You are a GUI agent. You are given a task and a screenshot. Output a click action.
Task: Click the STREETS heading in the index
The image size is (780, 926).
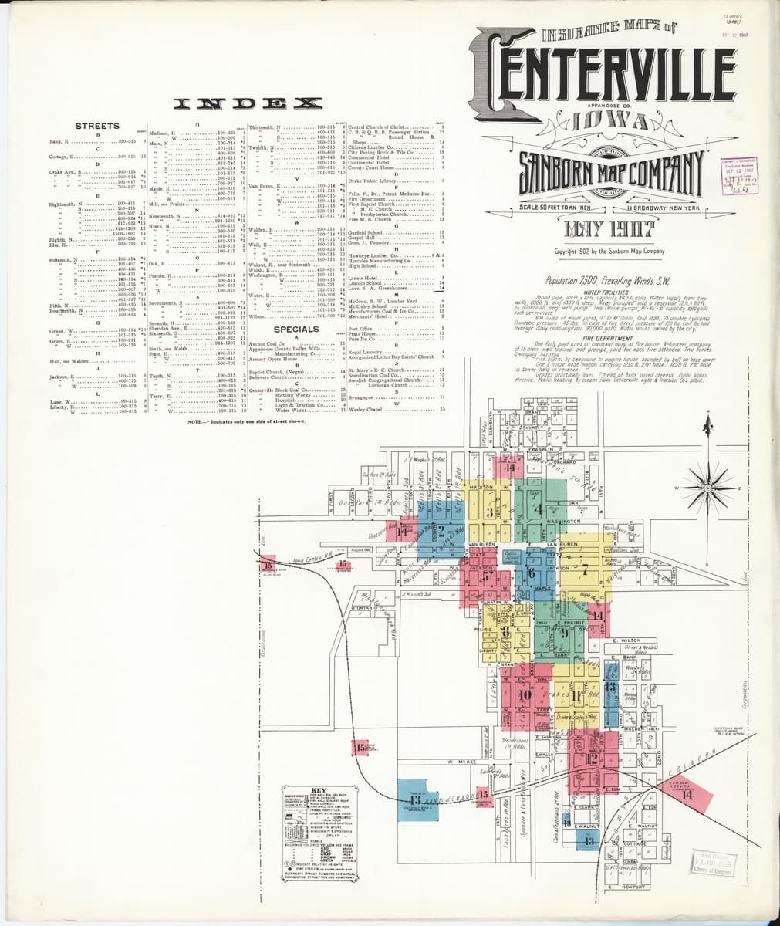pos(97,126)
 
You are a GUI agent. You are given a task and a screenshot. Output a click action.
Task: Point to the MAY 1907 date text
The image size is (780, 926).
pos(609,229)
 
